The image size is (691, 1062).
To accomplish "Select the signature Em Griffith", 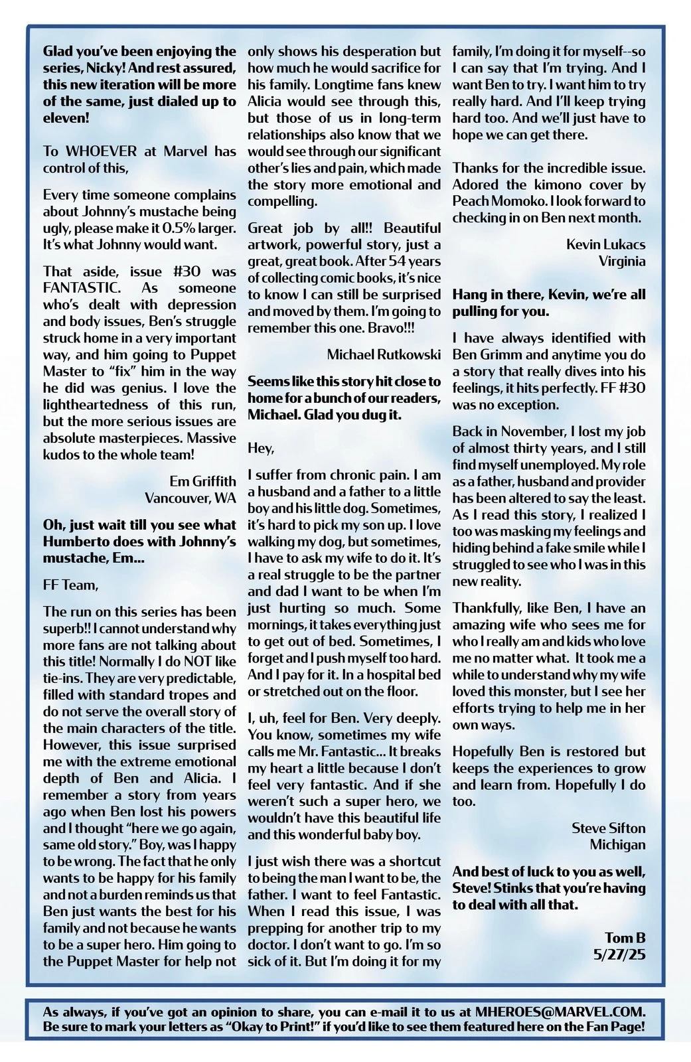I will point(202,481).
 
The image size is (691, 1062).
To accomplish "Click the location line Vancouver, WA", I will point(190,498).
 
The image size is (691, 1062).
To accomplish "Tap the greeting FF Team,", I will point(70,585).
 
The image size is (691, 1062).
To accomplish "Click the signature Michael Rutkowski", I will point(384,354).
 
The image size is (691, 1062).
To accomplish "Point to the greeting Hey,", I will point(261,448).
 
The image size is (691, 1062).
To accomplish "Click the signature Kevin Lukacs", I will point(605,244).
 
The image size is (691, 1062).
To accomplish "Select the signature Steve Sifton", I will point(608,828).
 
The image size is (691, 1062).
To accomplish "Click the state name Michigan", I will point(617,845).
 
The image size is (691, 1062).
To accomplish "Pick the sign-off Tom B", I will point(625,938).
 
